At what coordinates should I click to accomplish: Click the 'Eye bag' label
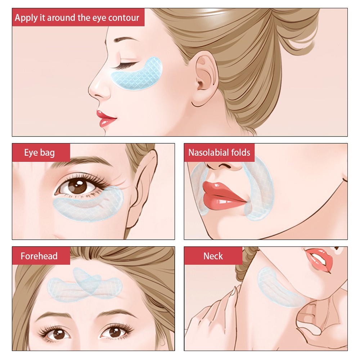40,153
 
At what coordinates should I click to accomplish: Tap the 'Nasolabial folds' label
219,152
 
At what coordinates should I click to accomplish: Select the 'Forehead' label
39,256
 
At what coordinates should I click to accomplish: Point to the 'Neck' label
213,256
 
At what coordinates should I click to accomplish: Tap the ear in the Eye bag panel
141,188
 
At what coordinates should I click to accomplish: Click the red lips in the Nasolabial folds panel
223,195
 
